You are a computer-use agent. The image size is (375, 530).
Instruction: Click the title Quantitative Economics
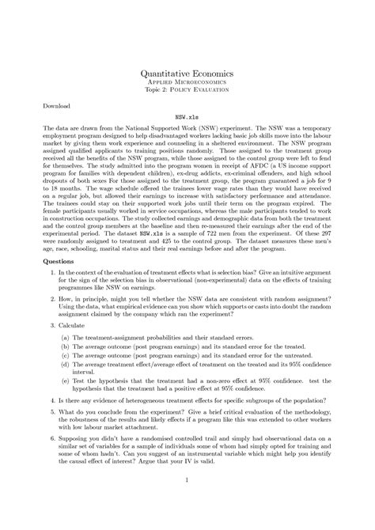pos(187,70)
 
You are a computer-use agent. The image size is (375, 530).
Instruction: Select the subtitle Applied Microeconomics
pos(187,81)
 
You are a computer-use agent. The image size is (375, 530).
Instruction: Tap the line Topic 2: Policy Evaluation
pos(187,89)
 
